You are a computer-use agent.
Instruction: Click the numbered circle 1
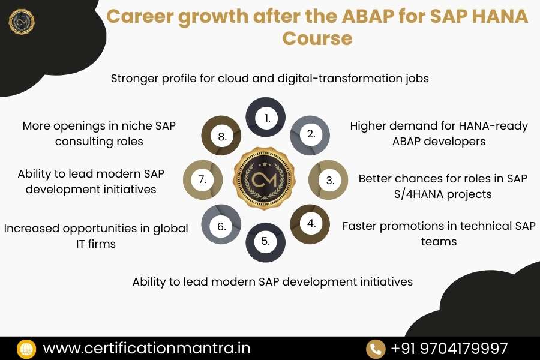tap(266, 118)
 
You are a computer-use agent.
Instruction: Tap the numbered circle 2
tap(310, 134)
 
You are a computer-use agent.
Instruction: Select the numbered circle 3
tap(329, 179)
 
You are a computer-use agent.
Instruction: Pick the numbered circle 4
tap(310, 223)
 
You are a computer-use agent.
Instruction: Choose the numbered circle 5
tap(266, 242)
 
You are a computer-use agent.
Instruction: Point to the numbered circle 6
tap(221, 226)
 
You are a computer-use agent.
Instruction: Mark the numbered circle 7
tap(203, 179)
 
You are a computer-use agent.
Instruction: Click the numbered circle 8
tap(221, 136)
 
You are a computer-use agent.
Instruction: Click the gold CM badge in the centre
tap(266, 180)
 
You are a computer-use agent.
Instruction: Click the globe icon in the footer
tap(27, 349)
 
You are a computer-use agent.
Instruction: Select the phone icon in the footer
tap(376, 349)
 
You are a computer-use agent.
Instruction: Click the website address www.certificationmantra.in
tap(147, 348)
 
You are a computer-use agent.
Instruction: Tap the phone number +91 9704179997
tap(449, 348)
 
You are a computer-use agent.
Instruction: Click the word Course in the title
tap(317, 38)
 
